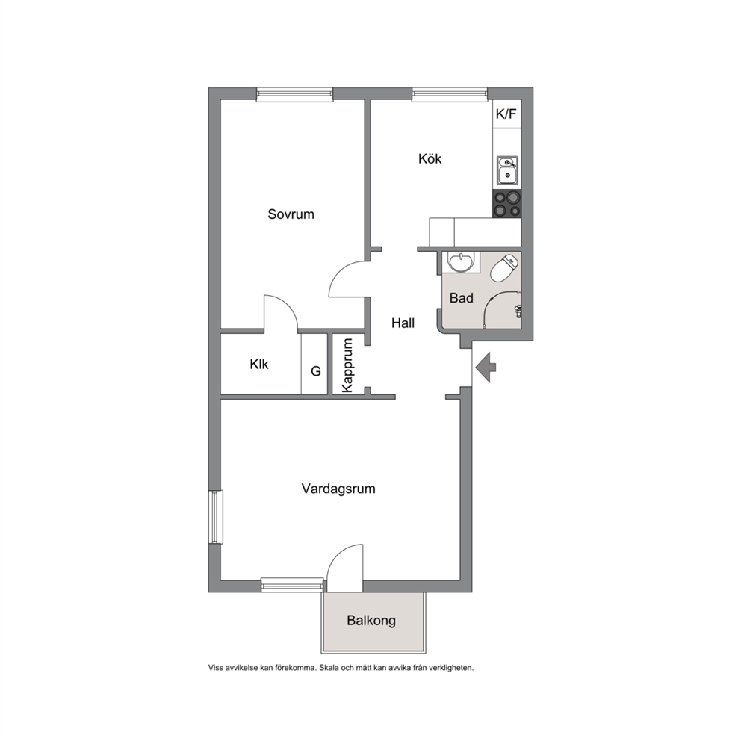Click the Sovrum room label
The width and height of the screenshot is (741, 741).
pos(291,214)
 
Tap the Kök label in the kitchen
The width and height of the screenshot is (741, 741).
pos(430,158)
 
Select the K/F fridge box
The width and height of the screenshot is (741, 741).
pos(506,114)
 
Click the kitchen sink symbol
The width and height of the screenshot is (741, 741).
pos(507,170)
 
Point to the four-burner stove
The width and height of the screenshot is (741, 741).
pos(507,204)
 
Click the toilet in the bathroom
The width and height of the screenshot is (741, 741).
pos(504,268)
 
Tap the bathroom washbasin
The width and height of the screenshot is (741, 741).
pos(461,262)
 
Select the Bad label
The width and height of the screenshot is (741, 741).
pos(461,298)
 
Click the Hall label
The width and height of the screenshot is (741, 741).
pos(403,323)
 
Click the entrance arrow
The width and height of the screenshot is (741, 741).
pos(486,368)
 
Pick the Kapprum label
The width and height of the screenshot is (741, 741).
pos(348,365)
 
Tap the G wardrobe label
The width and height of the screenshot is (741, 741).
pos(316,371)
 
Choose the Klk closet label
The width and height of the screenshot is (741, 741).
pos(259,364)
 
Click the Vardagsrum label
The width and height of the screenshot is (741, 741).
pos(338,489)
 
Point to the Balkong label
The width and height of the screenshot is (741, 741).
pos(371,621)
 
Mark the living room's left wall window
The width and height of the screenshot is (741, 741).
pos(216,517)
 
